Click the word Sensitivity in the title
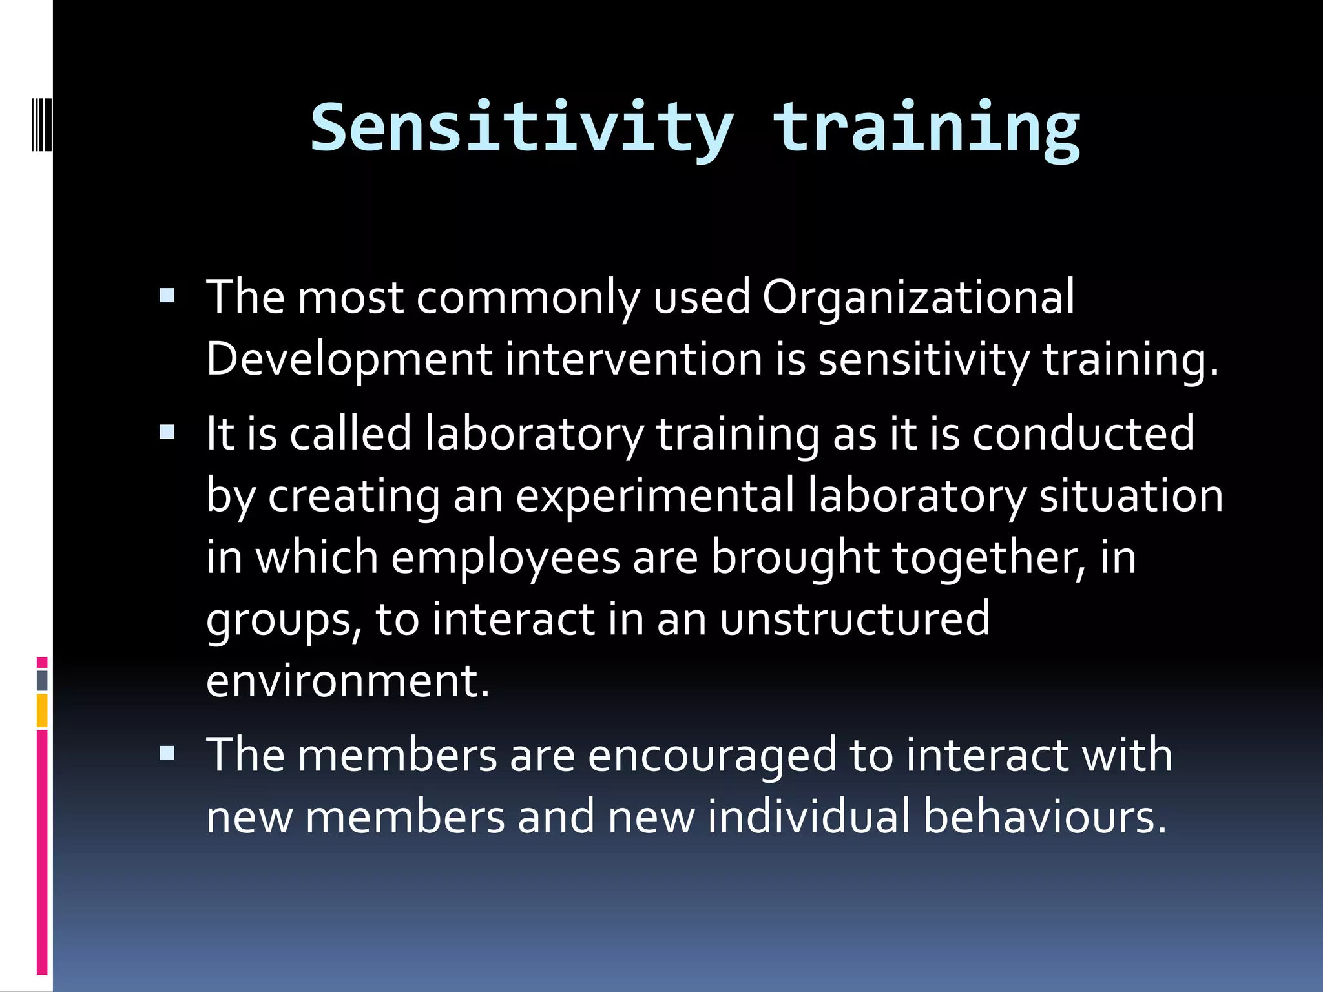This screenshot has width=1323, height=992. click(522, 128)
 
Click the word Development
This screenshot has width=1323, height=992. click(349, 359)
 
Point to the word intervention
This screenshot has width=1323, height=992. click(634, 359)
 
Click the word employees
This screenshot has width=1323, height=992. click(505, 557)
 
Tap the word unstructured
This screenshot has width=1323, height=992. click(855, 619)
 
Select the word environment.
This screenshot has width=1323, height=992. click(347, 681)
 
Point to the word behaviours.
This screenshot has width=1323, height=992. click(1045, 816)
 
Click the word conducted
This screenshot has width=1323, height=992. click(1083, 433)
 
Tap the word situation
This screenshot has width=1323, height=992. click(1131, 495)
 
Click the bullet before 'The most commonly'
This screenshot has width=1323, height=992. click(167, 296)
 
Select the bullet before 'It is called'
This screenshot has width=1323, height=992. click(167, 432)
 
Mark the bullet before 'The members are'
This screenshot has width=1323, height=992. click(167, 753)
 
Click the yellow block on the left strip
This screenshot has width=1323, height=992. click(42, 710)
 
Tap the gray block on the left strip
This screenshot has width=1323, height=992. click(42, 680)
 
